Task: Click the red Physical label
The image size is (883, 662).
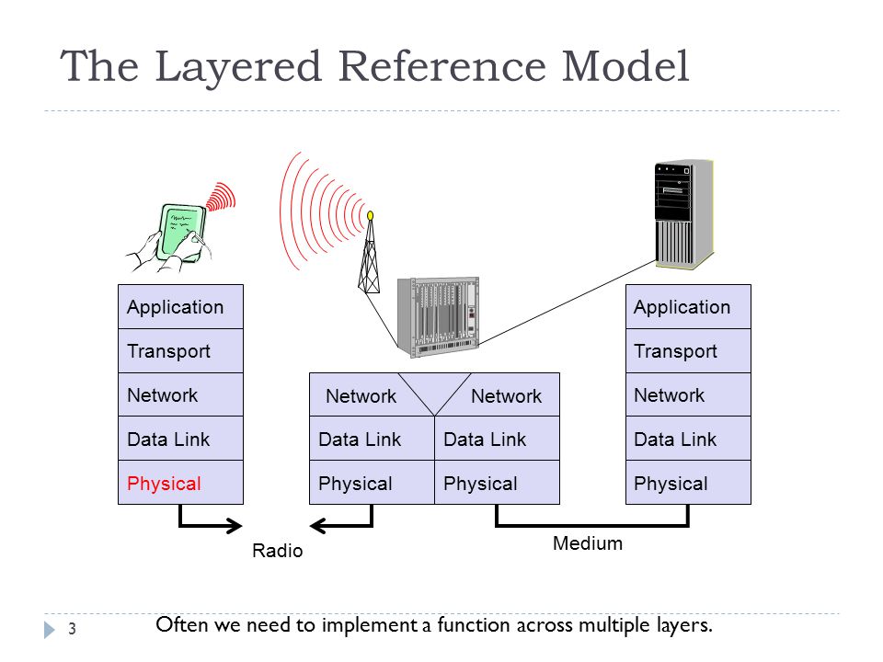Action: point(164,484)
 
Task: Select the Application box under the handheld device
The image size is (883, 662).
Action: point(181,307)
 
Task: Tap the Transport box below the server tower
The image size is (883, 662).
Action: point(688,350)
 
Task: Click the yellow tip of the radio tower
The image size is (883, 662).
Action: point(370,215)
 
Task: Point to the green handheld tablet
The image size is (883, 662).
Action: point(181,232)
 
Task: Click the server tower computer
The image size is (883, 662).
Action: point(684,214)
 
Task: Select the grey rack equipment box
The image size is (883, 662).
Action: point(438,317)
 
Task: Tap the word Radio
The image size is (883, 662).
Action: point(277,551)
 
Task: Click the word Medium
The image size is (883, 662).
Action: point(588,543)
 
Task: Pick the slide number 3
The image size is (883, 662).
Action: point(72,629)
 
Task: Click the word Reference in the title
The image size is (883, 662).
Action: point(442,66)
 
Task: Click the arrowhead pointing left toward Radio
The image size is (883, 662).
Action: point(318,526)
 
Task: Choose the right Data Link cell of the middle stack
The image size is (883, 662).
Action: point(497,439)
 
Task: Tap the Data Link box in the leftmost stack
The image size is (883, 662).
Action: point(181,439)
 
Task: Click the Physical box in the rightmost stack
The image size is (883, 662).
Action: point(688,483)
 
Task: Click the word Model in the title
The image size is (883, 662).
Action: point(625,66)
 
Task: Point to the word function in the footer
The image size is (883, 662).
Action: point(475,625)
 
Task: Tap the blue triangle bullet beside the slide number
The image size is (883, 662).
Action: point(50,629)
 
